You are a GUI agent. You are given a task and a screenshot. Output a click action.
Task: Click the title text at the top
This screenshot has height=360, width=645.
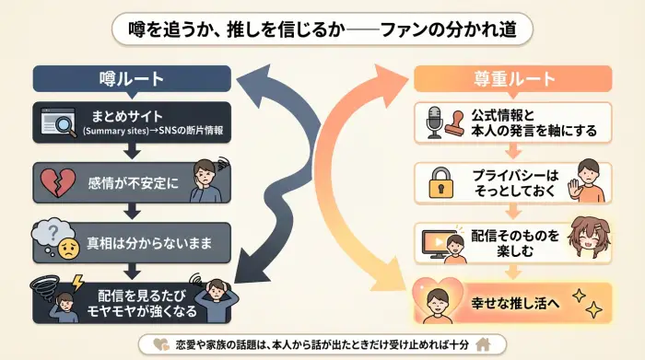(x=322, y=29)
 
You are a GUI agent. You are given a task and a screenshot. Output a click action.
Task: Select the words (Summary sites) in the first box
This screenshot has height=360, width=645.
(x=110, y=131)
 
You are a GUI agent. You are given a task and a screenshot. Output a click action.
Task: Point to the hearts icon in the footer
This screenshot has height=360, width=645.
(x=160, y=344)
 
